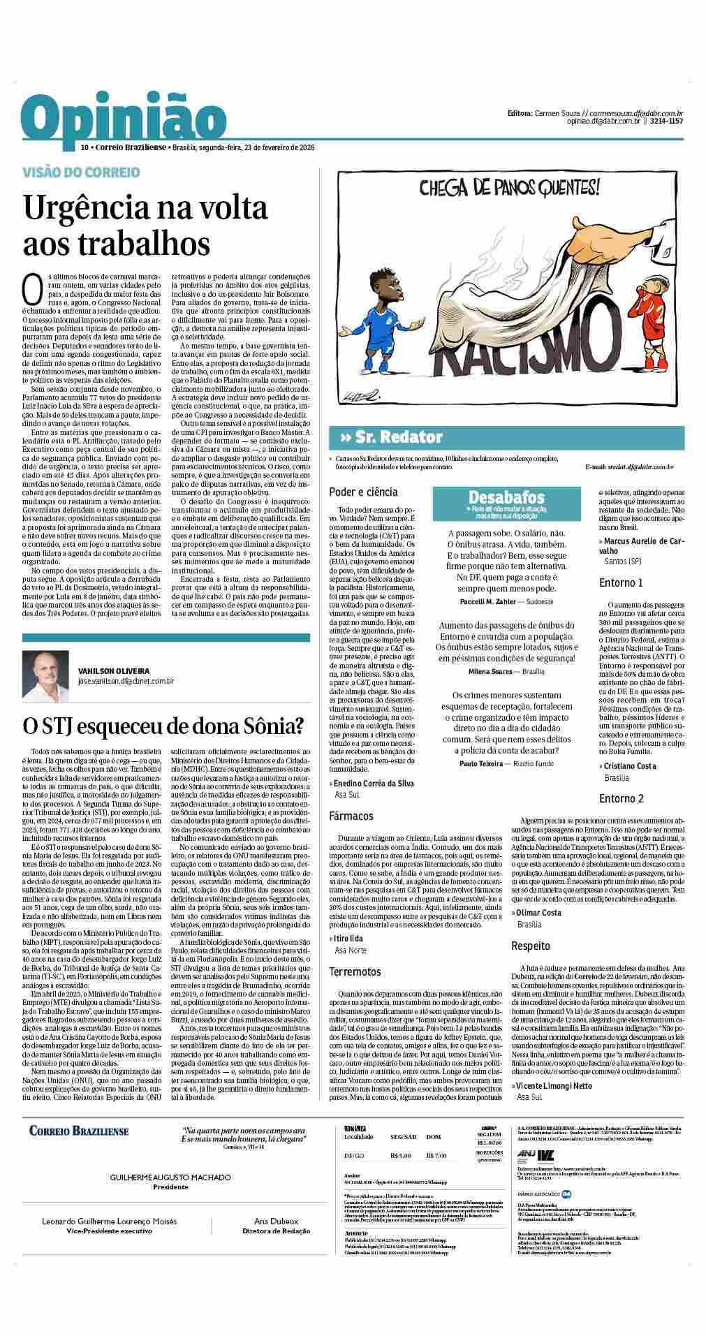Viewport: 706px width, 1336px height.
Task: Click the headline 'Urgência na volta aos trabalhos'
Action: point(145,225)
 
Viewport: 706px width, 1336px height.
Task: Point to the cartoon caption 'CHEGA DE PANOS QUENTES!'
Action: point(509,187)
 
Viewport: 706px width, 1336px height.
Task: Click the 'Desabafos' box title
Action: point(506,497)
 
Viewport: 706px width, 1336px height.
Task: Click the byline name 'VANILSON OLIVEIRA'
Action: point(113,670)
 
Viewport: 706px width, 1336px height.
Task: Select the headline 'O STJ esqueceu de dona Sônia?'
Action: point(163,726)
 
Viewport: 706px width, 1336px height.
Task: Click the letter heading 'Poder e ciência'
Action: point(363,492)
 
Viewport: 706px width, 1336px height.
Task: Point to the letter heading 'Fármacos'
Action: point(351,815)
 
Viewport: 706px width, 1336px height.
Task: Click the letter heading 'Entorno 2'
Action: point(621,798)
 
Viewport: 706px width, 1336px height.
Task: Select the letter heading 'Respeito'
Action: point(531,946)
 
